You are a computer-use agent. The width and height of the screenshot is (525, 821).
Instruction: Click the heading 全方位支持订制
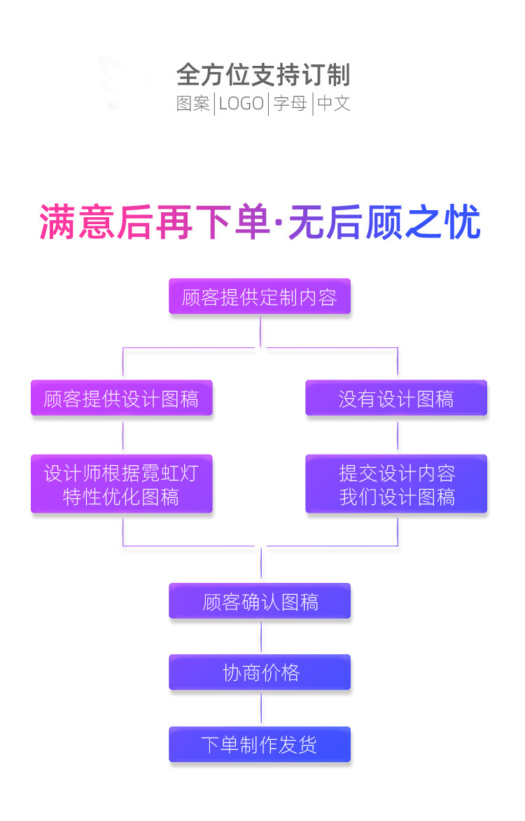tap(263, 74)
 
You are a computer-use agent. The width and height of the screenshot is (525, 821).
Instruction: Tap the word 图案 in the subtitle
tap(192, 104)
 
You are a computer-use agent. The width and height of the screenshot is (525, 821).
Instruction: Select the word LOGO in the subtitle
tap(241, 104)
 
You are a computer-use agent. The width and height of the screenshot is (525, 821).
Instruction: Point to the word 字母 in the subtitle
tap(290, 104)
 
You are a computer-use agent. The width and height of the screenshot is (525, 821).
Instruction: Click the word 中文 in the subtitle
tap(334, 104)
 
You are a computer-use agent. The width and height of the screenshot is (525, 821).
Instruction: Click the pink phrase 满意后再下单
tap(155, 223)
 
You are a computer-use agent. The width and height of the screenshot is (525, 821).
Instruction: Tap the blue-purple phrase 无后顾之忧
tap(384, 223)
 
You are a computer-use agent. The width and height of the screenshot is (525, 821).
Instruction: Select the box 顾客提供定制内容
tap(260, 296)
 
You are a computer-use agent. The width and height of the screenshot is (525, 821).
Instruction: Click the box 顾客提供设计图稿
tap(121, 398)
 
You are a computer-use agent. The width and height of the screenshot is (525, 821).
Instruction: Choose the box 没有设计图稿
tap(396, 398)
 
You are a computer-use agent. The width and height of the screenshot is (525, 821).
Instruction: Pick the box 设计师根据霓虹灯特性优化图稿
tap(121, 484)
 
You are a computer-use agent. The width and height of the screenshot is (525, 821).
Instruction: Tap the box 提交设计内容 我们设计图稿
tap(396, 484)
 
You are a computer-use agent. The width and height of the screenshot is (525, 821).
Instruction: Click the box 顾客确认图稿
tap(260, 601)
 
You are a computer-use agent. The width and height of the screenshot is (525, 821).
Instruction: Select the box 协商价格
tap(260, 672)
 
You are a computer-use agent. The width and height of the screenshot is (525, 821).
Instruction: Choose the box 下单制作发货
tap(260, 745)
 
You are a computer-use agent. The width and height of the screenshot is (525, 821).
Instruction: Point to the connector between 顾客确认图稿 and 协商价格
tap(261, 637)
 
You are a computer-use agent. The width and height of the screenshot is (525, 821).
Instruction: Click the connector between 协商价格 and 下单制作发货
tap(261, 708)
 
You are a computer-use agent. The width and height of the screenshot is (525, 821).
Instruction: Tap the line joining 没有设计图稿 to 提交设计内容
tap(398, 436)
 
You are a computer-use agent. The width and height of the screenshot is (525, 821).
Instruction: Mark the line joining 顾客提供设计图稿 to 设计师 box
tap(123, 436)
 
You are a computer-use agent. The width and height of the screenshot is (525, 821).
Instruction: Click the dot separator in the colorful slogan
tap(279, 223)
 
